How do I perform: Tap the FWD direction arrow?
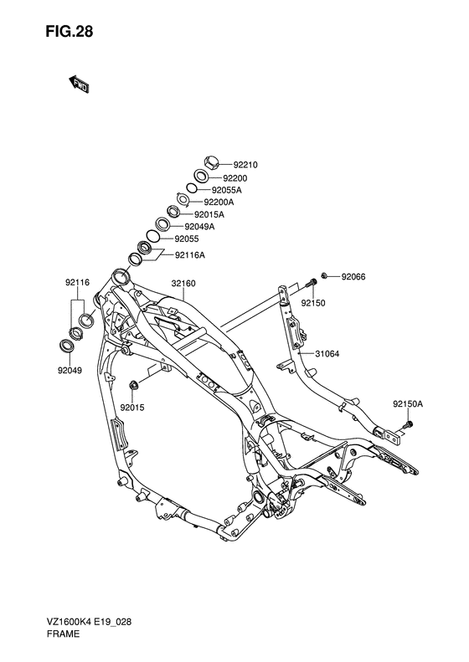coord(80,84)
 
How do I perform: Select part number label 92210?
coord(245,165)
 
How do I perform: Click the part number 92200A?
coord(219,202)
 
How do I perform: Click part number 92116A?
coord(190,254)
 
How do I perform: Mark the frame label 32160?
coord(183,284)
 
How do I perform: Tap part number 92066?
coord(353,275)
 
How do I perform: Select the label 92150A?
coord(408,404)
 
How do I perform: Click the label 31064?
coord(327,353)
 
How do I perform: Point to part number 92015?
coord(132,408)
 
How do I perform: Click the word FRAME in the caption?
coord(62,635)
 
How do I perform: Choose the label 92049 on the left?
coord(70,369)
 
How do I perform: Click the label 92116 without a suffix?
coord(76,284)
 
